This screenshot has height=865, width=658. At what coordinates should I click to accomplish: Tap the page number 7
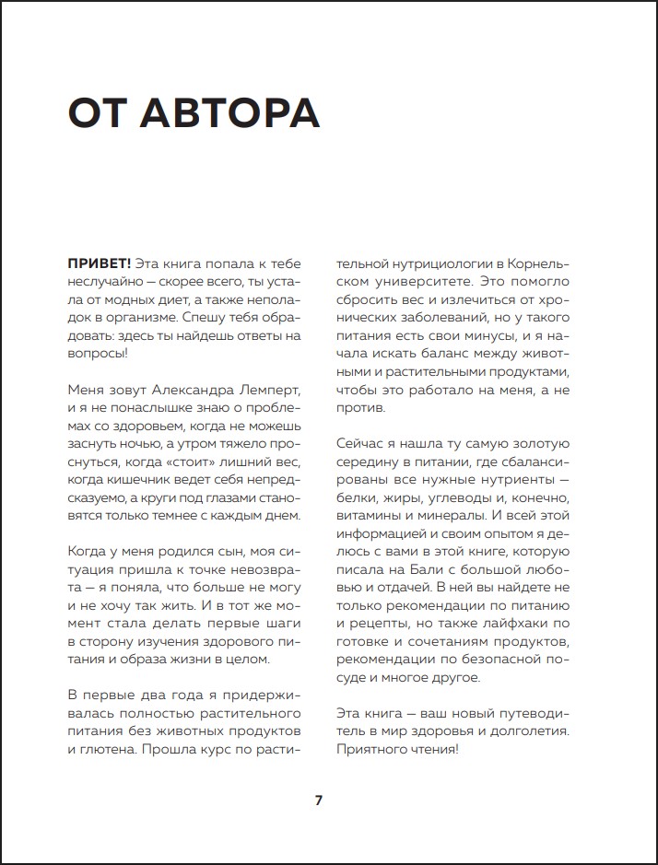coord(319,800)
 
